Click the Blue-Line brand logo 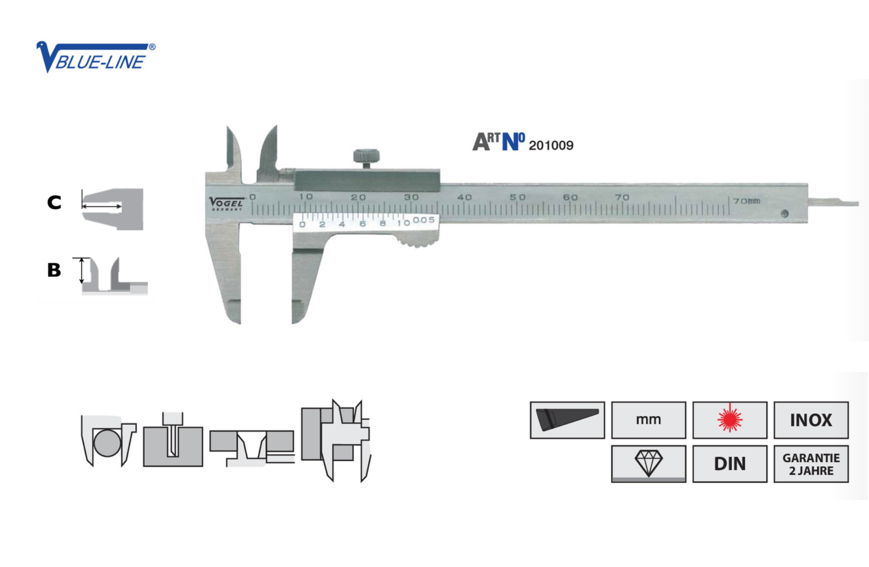click(96, 57)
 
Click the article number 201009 click(551, 145)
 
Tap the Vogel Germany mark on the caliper click(227, 204)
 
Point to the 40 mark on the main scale click(464, 197)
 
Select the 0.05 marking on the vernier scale click(424, 220)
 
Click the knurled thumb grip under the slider click(417, 241)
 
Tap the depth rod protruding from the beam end click(833, 202)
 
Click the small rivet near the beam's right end click(784, 214)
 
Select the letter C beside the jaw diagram click(54, 202)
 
